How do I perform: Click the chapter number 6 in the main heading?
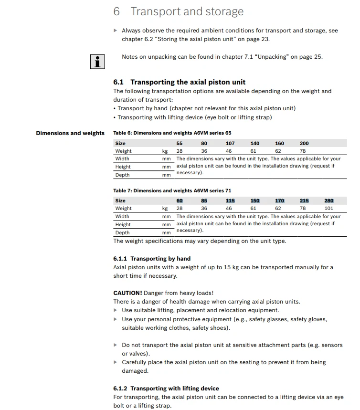116,12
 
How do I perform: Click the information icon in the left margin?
97,62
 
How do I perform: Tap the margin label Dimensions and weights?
70,133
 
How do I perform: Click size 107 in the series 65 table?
230,143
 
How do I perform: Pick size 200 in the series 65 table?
304,143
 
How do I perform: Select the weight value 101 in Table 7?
329,209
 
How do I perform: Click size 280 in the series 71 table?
329,201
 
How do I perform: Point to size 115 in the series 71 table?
230,201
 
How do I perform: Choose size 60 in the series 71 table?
180,201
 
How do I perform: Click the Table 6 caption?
172,133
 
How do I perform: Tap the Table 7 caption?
172,191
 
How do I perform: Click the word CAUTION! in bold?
127,293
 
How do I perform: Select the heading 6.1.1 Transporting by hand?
152,259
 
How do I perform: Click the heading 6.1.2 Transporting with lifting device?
166,389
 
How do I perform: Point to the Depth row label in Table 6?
122,175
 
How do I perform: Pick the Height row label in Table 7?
123,224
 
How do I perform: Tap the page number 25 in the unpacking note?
318,57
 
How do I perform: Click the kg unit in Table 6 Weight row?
165,151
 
